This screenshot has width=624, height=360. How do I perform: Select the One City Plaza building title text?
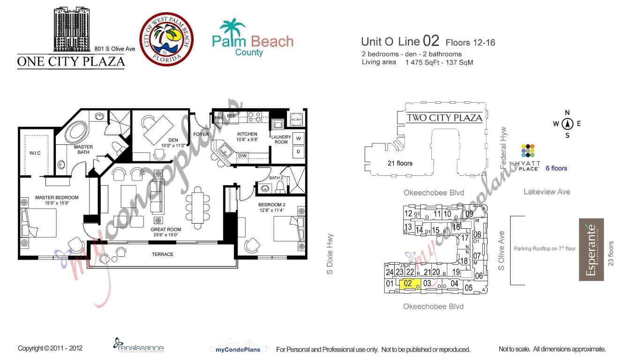click(71, 62)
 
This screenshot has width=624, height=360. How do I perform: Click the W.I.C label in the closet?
click(36, 153)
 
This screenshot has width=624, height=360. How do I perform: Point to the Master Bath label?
click(83, 150)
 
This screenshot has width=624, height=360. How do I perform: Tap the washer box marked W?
click(298, 138)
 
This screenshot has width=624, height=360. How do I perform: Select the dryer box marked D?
click(298, 151)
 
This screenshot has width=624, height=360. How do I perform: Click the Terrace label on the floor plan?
click(162, 254)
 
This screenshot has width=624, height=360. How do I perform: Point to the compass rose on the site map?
click(567, 124)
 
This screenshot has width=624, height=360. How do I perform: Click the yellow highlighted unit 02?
click(407, 284)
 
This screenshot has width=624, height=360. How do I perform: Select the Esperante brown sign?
click(591, 249)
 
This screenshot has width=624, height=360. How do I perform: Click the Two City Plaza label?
click(444, 118)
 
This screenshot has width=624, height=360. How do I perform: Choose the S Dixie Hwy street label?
click(331, 254)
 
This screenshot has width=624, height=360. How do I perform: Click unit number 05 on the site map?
click(468, 288)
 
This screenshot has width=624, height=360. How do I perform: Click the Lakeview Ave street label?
click(547, 192)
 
